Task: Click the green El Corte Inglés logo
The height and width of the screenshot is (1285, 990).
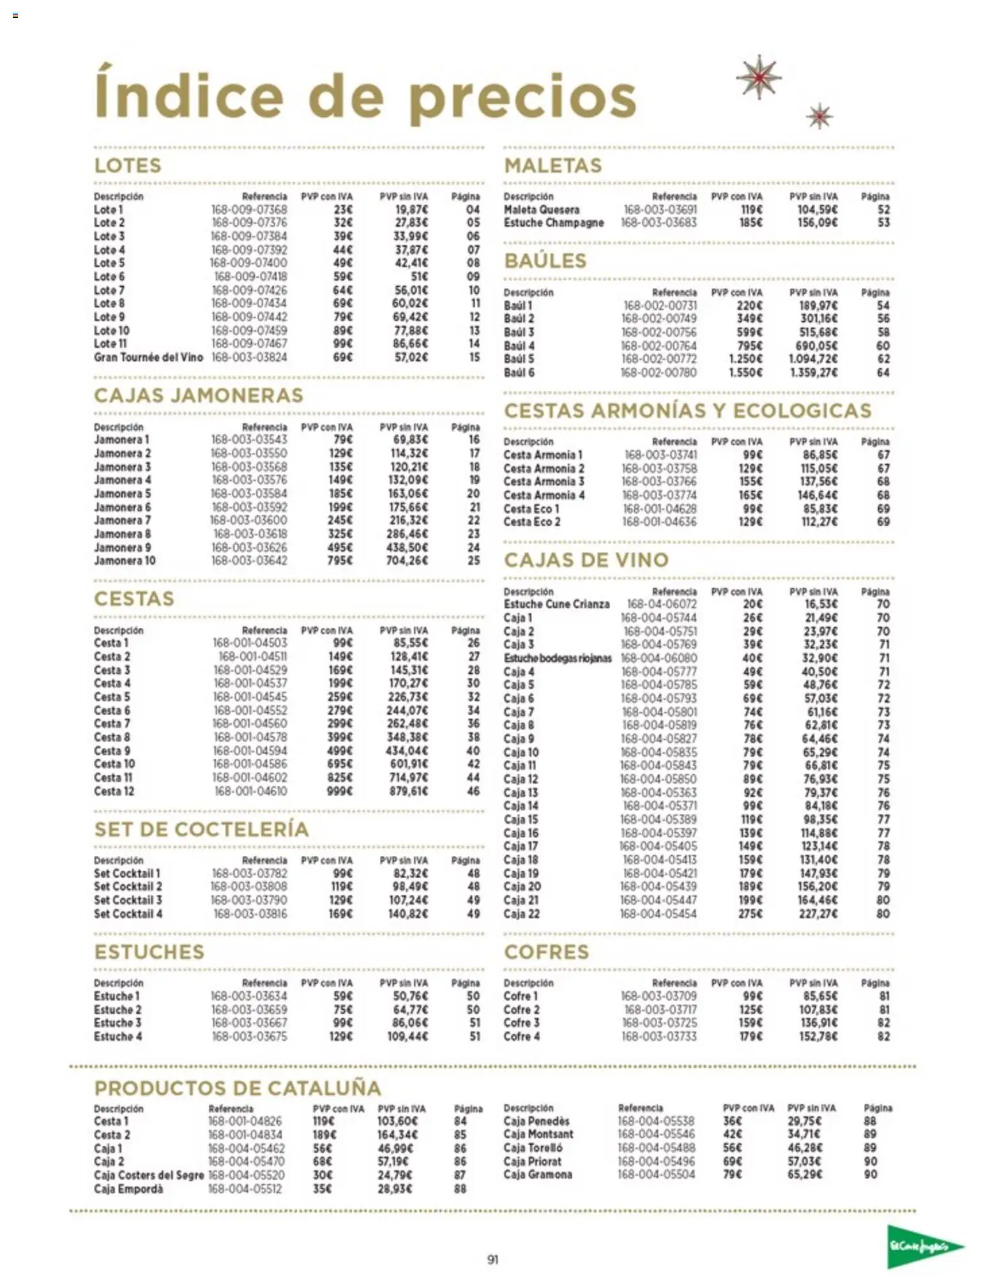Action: click(x=924, y=1246)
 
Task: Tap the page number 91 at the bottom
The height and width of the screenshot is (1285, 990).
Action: click(x=492, y=1259)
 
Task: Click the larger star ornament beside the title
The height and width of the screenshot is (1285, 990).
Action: click(x=759, y=77)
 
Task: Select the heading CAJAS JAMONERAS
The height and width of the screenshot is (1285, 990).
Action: click(x=199, y=395)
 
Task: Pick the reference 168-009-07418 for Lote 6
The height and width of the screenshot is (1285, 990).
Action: click(x=250, y=277)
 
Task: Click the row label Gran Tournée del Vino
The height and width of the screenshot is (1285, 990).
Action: click(x=148, y=357)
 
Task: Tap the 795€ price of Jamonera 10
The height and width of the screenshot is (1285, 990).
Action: click(x=340, y=561)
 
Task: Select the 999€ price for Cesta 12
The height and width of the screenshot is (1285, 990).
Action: click(x=340, y=791)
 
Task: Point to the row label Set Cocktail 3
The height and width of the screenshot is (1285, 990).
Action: click(x=128, y=900)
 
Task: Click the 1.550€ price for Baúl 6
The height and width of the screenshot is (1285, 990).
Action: click(x=745, y=372)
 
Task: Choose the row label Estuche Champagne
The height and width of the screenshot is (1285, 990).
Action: click(x=553, y=223)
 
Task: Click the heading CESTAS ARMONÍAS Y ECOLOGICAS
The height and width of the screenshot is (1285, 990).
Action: click(x=687, y=411)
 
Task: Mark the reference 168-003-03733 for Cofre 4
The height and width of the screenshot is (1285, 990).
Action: click(x=659, y=1037)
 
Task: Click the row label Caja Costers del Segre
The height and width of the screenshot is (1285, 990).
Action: click(x=149, y=1175)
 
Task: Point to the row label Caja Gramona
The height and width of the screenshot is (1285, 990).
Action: click(x=537, y=1175)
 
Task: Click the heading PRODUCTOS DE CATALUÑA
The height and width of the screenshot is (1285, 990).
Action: click(x=238, y=1088)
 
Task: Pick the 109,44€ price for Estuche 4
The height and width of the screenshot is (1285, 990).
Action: click(x=407, y=1037)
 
